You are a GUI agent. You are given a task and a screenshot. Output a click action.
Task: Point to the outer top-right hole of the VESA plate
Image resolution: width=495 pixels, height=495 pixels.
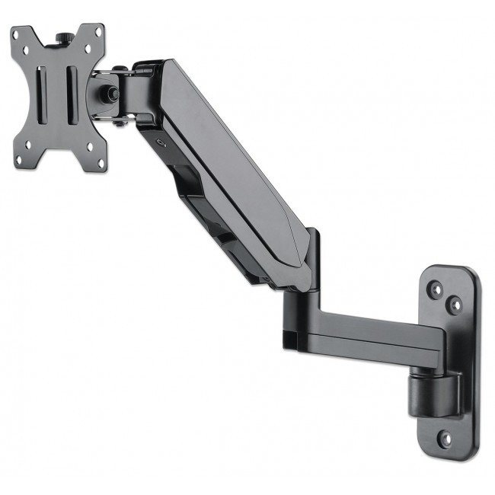point(98,31)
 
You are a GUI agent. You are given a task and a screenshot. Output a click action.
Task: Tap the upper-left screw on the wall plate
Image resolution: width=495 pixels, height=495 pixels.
point(436,289)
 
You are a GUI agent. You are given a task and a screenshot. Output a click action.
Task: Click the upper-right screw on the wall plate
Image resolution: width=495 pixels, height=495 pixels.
point(455,305)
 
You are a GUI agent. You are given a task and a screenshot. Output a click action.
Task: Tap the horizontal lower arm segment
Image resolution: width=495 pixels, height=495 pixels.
point(366,331)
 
